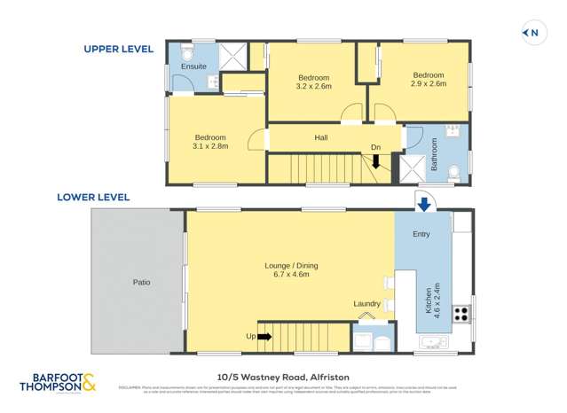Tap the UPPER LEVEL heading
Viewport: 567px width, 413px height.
click(x=119, y=50)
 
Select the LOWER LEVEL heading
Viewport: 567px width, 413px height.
click(x=93, y=198)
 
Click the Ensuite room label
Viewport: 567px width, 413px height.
click(x=193, y=66)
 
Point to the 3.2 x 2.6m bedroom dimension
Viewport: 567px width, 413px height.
click(x=313, y=87)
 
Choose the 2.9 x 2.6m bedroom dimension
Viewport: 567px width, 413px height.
click(x=428, y=85)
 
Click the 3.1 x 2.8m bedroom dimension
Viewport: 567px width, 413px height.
click(x=210, y=146)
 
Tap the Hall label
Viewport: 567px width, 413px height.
click(x=321, y=137)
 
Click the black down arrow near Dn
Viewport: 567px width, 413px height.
click(x=375, y=161)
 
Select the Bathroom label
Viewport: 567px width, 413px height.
click(x=435, y=155)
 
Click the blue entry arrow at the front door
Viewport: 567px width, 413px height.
click(x=423, y=205)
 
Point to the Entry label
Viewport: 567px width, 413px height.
click(x=421, y=234)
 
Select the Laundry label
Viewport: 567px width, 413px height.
click(x=367, y=304)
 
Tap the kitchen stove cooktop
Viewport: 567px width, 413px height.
click(x=461, y=313)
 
